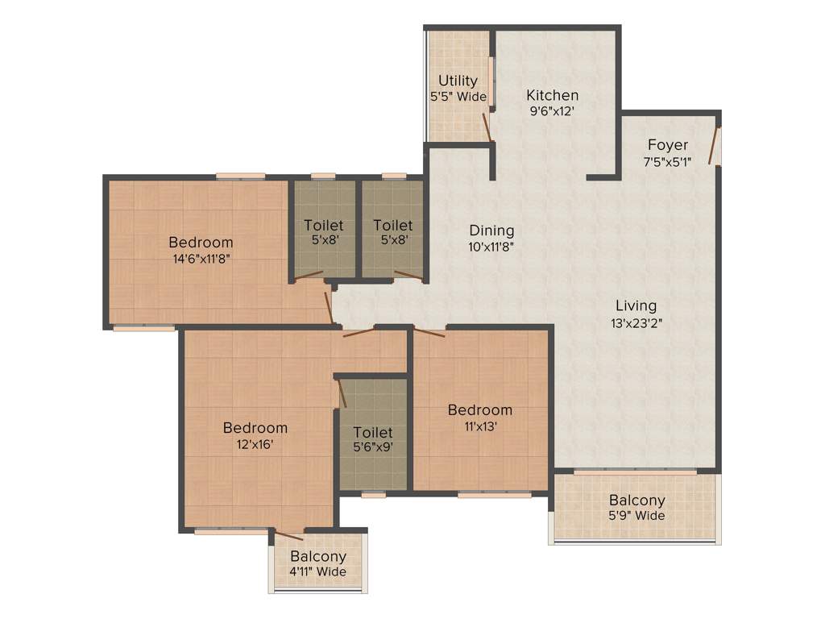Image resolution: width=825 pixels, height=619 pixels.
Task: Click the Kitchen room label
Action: coord(553,95)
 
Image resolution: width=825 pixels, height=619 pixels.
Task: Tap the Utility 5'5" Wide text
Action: coord(458,89)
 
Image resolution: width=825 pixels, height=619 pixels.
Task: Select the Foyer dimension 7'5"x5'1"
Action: coord(668,162)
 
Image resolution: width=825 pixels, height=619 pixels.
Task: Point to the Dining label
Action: coord(491,231)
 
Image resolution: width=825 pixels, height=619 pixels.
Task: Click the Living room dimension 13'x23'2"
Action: coord(636,323)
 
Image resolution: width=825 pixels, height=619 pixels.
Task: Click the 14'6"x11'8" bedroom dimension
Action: coord(201,260)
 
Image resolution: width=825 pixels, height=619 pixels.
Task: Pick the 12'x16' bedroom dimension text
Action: coord(255,445)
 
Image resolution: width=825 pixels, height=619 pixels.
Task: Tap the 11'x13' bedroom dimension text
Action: coord(479,427)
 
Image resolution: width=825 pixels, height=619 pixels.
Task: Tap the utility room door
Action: coord(486,127)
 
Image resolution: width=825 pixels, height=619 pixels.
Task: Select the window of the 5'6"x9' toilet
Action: coord(373,495)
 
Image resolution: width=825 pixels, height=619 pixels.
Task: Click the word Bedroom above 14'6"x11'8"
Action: coord(201,243)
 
